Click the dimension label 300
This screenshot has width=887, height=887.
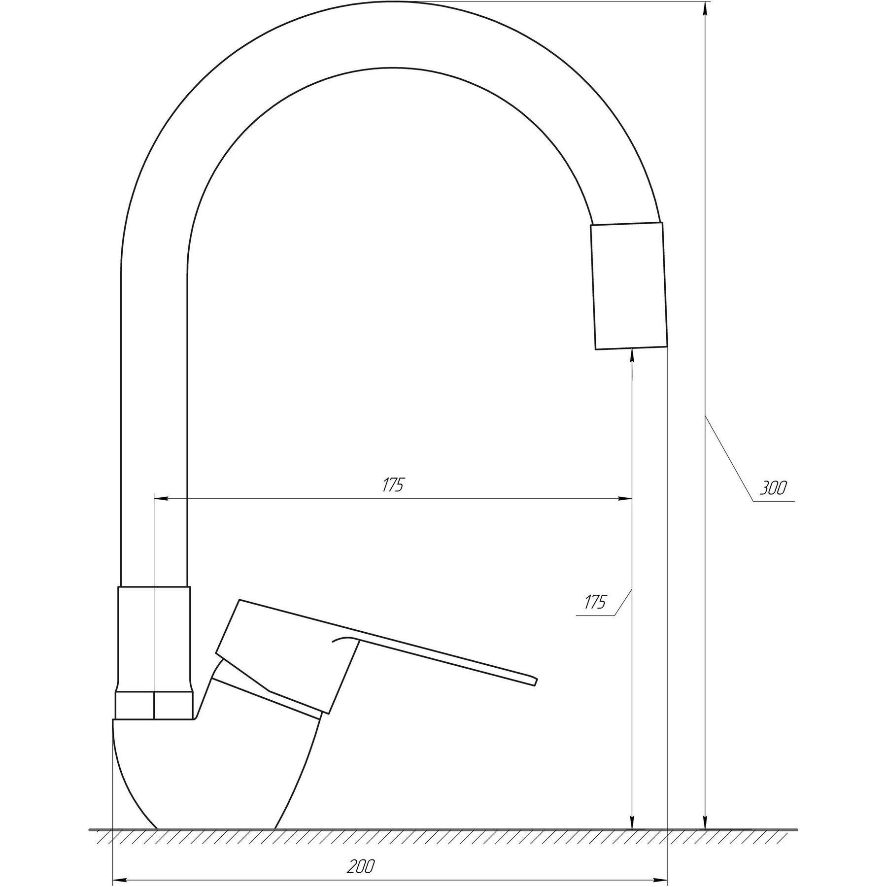[x=773, y=488]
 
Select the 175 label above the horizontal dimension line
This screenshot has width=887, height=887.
[x=393, y=485]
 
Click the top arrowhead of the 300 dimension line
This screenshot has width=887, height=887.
[x=706, y=10]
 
